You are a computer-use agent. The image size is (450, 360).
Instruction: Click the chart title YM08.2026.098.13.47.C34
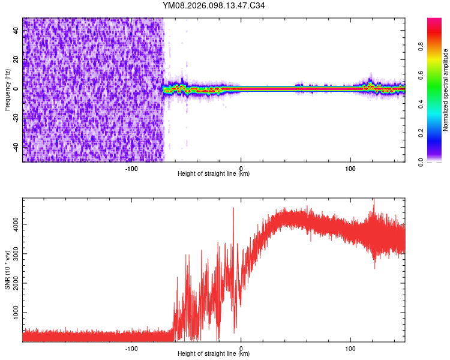pos(214,6)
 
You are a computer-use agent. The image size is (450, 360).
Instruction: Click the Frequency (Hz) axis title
pos(7,90)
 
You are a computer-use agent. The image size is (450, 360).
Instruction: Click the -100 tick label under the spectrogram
pos(131,169)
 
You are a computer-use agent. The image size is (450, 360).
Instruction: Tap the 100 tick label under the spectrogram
pos(350,169)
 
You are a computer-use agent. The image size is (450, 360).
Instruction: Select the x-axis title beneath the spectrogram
pos(214,174)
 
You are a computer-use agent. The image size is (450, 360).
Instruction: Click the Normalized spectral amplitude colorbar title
pos(446,90)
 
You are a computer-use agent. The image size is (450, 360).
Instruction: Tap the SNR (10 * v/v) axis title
pos(7,270)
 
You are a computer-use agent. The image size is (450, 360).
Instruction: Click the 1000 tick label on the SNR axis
pos(12,313)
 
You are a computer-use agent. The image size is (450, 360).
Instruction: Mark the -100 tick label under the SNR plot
pos(131,348)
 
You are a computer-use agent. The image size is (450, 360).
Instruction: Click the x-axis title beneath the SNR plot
pos(214,354)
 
